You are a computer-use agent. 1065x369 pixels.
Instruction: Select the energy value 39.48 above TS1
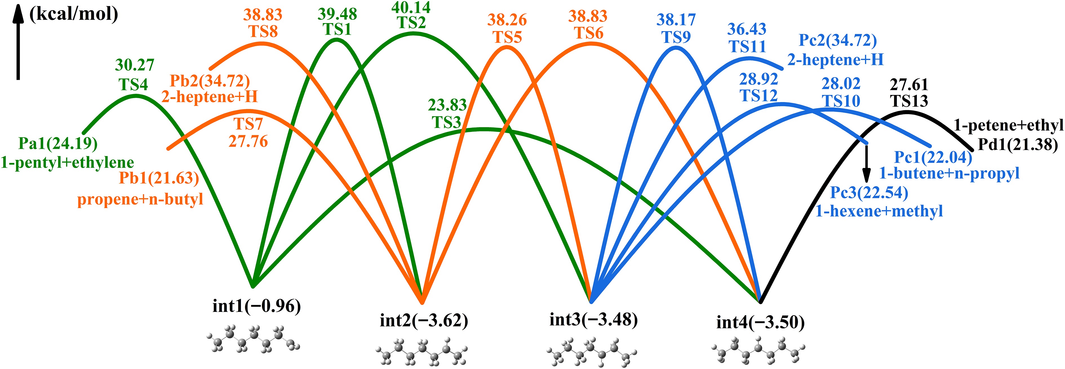337,14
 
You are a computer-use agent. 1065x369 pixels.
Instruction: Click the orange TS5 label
507,37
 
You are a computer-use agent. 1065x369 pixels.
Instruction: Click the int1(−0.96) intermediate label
256,306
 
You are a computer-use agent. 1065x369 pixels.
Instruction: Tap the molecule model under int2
422,352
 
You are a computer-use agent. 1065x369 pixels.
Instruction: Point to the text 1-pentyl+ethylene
67,162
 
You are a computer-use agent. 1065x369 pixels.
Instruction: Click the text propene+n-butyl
141,199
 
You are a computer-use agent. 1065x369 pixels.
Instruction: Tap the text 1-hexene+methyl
879,211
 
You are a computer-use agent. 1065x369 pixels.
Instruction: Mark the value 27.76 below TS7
248,142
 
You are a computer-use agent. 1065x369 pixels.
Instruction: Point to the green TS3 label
447,122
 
